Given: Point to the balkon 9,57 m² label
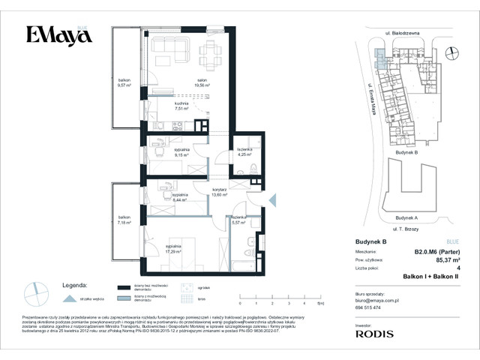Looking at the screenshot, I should pos(124,82).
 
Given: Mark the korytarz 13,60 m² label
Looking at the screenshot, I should pos(219,193).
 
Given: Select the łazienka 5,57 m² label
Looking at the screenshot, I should pos(239,219).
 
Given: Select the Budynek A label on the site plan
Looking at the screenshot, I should pos(406,218).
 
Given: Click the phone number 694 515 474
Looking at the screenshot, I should pos(369,308).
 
